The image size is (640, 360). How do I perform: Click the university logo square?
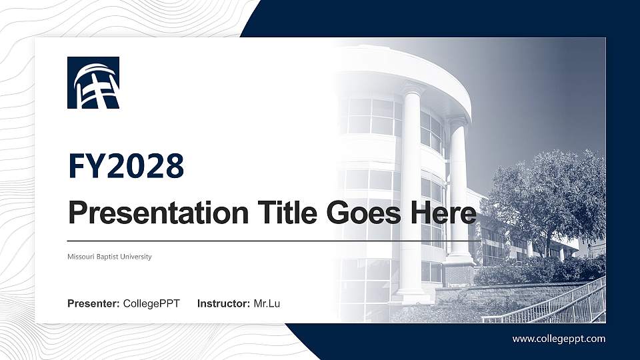coord(93,83)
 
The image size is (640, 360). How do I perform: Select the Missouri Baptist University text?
coord(109,257)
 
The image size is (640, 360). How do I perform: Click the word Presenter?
coord(93,304)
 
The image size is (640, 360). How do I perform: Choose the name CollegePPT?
coord(151,304)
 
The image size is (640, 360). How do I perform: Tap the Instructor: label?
coord(224,304)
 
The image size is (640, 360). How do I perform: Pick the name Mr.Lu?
coord(267,304)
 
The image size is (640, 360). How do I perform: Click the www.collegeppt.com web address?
coord(559,339)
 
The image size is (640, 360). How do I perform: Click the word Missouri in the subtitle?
coord(81,257)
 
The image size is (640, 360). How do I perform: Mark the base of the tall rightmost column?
coord(460,261)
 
